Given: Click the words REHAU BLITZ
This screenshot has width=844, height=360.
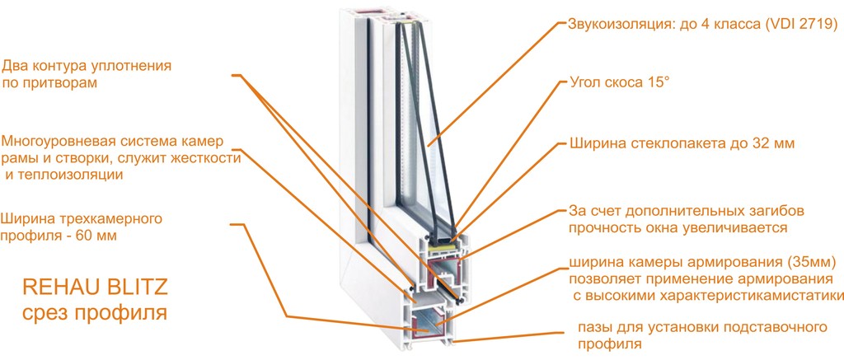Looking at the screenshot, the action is pos(95,288).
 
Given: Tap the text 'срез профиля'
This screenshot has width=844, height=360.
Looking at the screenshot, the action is pos(95,313).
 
